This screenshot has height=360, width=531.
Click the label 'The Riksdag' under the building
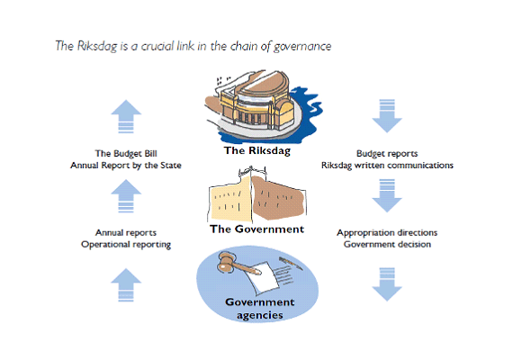[257, 150]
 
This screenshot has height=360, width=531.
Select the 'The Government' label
[257, 229]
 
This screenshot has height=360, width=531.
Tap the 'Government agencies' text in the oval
[260, 309]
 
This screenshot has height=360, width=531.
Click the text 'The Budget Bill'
[126, 153]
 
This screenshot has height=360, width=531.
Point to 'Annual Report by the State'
[126, 166]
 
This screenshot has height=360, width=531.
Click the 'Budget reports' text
[387, 154]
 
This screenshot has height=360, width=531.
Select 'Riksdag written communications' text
[387, 166]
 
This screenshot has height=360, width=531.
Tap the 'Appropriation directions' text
[387, 233]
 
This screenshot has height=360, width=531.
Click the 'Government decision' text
[387, 244]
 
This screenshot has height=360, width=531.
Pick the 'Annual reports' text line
[126, 233]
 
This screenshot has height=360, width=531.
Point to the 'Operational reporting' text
[126, 245]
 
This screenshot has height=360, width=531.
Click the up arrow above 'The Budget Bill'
[126, 116]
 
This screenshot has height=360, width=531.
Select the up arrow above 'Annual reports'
[126, 195]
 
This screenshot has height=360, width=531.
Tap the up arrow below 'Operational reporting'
[126, 284]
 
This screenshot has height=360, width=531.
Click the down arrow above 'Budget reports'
[387, 116]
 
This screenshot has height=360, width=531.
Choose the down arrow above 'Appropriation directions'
[387, 195]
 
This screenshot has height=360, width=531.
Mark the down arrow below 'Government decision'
[387, 284]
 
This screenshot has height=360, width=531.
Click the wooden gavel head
[226, 261]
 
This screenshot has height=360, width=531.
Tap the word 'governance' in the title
[302, 47]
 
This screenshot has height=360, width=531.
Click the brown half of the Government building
[278, 197]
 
